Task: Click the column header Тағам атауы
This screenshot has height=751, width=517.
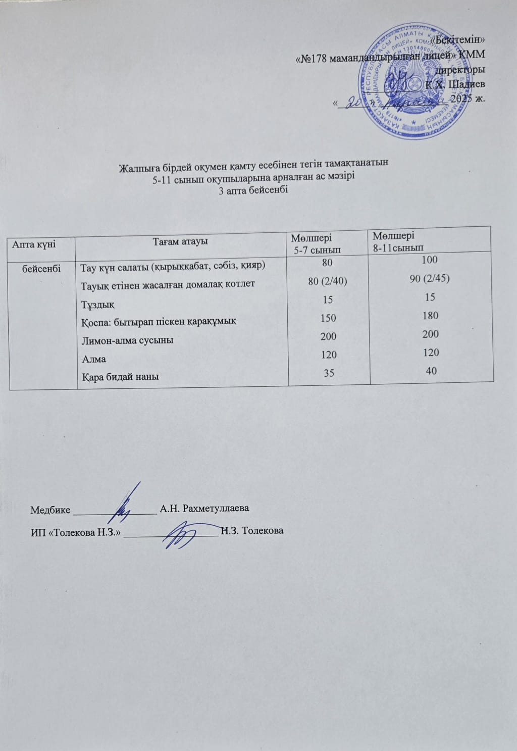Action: click(x=181, y=241)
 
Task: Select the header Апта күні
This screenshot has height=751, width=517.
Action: click(x=34, y=244)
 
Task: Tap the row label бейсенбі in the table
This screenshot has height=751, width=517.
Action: click(x=42, y=269)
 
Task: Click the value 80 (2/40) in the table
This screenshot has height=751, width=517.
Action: click(x=327, y=281)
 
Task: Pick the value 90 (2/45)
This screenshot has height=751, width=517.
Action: click(x=431, y=279)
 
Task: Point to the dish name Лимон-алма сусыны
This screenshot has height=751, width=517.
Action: click(x=127, y=340)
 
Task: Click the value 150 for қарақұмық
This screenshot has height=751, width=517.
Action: click(x=328, y=318)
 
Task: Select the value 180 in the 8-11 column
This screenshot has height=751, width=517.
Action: click(x=431, y=316)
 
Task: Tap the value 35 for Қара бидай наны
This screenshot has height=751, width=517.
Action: click(x=329, y=373)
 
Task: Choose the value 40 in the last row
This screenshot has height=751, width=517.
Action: click(x=431, y=371)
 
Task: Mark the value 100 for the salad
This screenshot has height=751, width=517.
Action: click(x=431, y=260)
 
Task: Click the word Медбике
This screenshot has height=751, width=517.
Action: click(x=50, y=510)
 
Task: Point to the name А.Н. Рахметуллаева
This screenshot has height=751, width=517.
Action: click(x=204, y=508)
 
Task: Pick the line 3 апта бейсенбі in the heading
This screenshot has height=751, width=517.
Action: click(x=253, y=190)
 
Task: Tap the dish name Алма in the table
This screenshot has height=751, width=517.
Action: click(x=93, y=359)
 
